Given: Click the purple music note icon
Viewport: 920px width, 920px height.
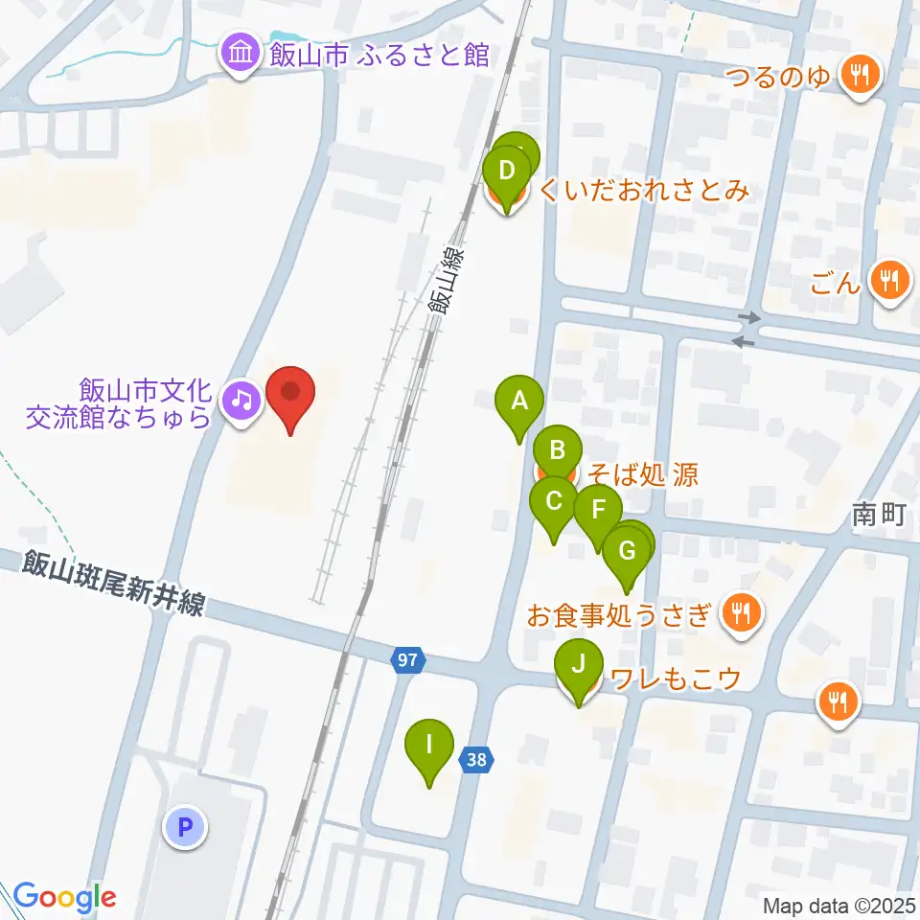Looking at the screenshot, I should (240, 398).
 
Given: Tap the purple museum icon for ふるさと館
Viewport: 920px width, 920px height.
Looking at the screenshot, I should (238, 54).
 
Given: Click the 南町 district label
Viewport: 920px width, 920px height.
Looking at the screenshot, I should (878, 516).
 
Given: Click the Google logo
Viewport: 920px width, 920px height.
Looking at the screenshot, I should (64, 898).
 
